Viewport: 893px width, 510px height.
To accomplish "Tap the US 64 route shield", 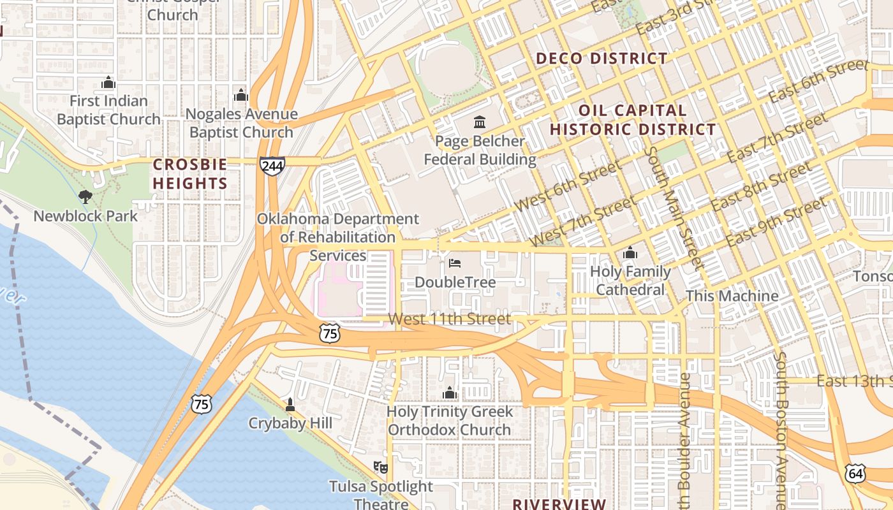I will coord(855,473).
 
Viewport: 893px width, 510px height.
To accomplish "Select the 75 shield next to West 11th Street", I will coord(330,333).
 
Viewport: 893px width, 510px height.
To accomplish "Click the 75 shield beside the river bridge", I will coord(201,403).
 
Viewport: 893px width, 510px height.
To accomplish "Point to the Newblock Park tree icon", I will coord(85,197).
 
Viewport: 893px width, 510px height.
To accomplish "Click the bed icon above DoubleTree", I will coord(455,263).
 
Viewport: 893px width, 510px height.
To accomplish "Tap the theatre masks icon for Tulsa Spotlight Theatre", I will coord(381,467).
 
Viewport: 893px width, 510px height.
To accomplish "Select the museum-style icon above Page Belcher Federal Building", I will coord(480,122).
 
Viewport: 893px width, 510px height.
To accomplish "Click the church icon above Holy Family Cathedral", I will coord(630,253).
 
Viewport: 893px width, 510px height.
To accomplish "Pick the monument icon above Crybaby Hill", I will coord(290,404).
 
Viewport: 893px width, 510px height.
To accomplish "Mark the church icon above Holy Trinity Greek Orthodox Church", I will coord(450,393).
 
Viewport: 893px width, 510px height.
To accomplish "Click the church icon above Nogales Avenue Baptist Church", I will coord(241,95).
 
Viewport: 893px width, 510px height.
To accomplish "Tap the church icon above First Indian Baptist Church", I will coord(108,82).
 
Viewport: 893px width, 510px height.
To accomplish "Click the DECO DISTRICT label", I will coord(601,59).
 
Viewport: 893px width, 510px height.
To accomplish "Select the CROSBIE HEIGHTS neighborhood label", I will coord(190,174).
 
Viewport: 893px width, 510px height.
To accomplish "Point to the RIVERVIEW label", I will coord(559,504).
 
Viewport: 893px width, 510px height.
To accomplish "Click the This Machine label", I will coord(732,296).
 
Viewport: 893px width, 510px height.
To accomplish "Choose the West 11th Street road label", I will coord(450,319).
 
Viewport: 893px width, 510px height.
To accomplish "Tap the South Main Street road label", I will coord(674,207).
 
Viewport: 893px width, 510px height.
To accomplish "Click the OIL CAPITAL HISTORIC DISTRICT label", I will coord(633,120).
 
